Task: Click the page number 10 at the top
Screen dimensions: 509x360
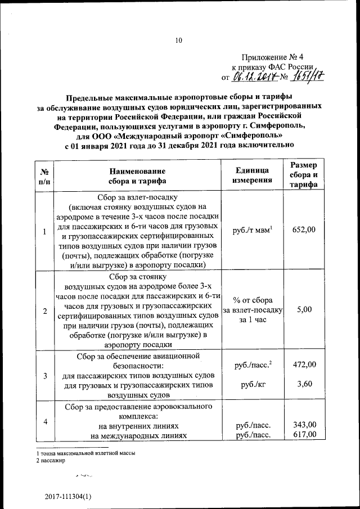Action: click(x=179, y=40)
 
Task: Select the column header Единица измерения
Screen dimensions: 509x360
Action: click(x=253, y=175)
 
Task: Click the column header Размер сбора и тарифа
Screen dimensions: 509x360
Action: click(x=304, y=175)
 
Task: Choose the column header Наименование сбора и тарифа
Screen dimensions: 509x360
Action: click(x=138, y=175)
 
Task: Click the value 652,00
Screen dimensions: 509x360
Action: click(x=304, y=229)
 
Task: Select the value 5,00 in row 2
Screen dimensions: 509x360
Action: click(x=304, y=309)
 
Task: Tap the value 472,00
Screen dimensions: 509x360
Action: click(x=304, y=365)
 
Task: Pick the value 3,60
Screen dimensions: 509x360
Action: click(x=304, y=385)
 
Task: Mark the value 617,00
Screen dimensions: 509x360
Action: click(x=304, y=434)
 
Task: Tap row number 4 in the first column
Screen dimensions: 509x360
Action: click(x=44, y=422)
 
